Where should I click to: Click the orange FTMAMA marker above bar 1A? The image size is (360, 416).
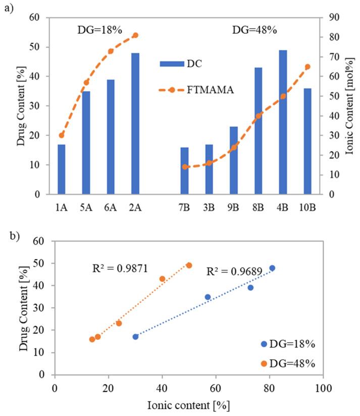[x=62, y=135]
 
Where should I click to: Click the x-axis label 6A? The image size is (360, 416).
[x=111, y=207]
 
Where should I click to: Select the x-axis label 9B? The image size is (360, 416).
[x=234, y=207]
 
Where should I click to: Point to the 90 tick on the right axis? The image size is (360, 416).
[x=334, y=18]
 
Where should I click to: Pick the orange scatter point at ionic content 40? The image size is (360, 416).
[x=162, y=279]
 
